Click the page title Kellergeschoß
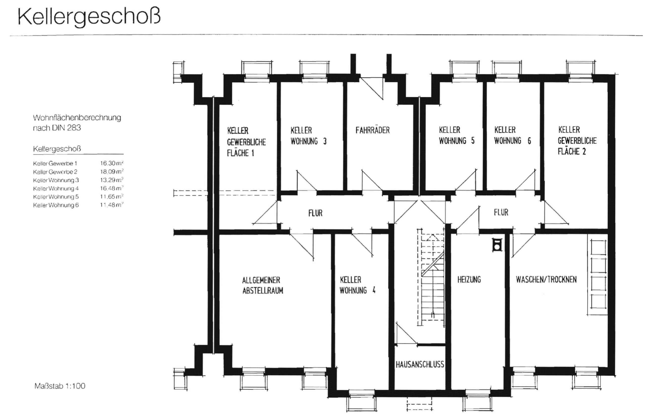pyautogui.click(x=89, y=17)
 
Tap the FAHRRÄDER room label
pyautogui.click(x=373, y=130)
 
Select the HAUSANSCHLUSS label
pyautogui.click(x=420, y=364)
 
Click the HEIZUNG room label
pyautogui.click(x=469, y=279)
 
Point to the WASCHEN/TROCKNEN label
pyautogui.click(x=546, y=279)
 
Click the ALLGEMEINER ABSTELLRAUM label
pyautogui.click(x=263, y=285)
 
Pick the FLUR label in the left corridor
pyautogui.click(x=315, y=213)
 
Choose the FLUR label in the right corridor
pyautogui.click(x=501, y=213)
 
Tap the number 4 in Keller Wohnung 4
pyautogui.click(x=374, y=290)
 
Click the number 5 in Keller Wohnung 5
pyautogui.click(x=473, y=141)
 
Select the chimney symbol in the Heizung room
pyautogui.click(x=497, y=245)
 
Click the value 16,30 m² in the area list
pyautogui.click(x=111, y=163)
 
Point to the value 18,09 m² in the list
pyautogui.click(x=111, y=172)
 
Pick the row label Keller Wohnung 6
pyautogui.click(x=56, y=205)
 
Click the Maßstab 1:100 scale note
pyautogui.click(x=60, y=386)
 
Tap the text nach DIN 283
pyautogui.click(x=57, y=128)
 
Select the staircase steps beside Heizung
pyautogui.click(x=433, y=282)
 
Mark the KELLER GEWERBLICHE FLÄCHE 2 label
pyautogui.click(x=577, y=140)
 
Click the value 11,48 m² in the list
pyautogui.click(x=111, y=205)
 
